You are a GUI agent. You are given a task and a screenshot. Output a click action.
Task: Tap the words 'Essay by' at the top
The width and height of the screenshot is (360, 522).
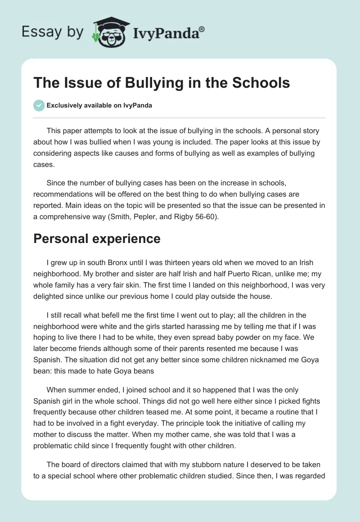pos(52,32)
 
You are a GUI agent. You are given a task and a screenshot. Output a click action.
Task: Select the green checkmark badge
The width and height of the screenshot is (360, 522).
pos(39,105)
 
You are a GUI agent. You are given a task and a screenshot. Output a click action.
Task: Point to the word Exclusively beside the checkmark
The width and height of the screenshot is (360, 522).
pos(65,106)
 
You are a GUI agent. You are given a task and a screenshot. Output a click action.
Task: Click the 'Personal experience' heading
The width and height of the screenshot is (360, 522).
pos(97,238)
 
